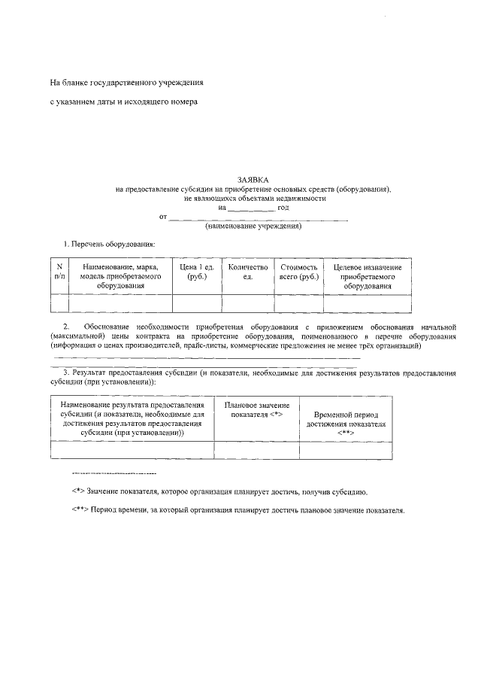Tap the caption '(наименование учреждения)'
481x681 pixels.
click(x=253, y=226)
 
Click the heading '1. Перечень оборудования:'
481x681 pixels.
click(x=109, y=245)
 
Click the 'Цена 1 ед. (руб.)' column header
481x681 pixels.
click(x=197, y=272)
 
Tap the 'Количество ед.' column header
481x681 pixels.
click(x=247, y=272)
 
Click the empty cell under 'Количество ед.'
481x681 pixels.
click(x=247, y=303)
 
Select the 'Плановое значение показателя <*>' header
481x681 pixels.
click(x=256, y=409)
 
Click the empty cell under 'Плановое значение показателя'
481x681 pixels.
click(x=256, y=449)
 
